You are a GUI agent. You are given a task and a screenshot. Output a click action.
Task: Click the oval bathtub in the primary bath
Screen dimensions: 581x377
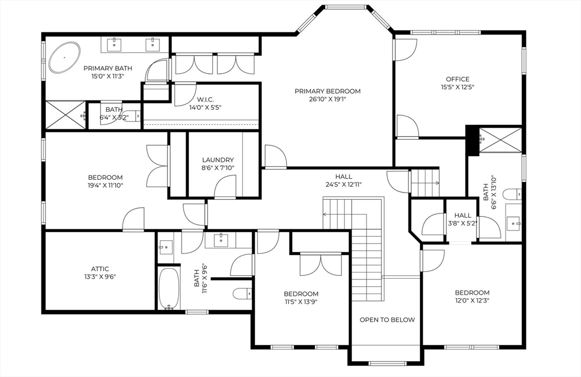click(65, 57)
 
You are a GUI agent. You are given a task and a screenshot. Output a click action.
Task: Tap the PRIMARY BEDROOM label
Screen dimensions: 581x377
click(327, 91)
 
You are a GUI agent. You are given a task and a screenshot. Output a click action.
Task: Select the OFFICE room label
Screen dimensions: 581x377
click(458, 79)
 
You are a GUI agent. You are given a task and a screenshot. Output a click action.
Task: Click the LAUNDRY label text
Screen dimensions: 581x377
click(218, 160)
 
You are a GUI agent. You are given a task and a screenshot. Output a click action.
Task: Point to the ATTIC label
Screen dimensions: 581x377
click(100, 269)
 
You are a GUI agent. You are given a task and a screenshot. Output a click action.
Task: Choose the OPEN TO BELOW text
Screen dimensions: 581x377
click(387, 320)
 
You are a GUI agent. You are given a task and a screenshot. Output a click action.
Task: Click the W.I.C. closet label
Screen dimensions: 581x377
click(205, 99)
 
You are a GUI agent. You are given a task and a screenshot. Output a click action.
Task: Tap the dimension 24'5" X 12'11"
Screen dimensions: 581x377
click(344, 184)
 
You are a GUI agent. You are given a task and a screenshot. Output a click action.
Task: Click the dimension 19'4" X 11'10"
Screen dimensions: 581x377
click(105, 185)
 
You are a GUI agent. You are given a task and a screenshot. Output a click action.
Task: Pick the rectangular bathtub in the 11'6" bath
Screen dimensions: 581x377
click(169, 288)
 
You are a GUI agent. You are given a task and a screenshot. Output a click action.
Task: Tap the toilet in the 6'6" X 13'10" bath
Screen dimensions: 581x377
click(514, 194)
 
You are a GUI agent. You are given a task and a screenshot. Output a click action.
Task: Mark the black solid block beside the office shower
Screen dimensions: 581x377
click(473, 140)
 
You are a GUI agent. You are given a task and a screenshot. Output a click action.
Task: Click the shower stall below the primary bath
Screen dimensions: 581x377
click(66, 115)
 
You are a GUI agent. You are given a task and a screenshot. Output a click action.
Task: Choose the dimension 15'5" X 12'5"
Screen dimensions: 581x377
click(458, 87)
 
